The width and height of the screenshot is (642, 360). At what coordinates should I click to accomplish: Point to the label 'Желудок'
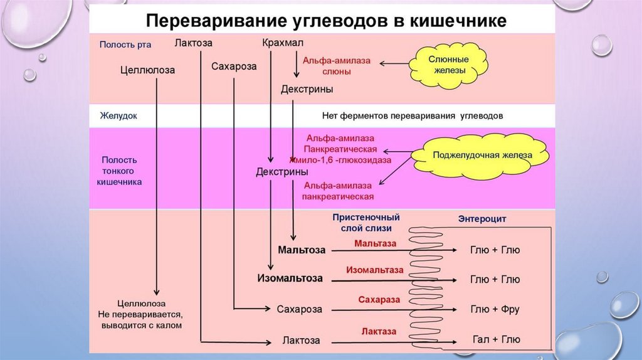(118, 116)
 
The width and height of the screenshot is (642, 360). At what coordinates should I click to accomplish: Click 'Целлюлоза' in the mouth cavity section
(147, 71)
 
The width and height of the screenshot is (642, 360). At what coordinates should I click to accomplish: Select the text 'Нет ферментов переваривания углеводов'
(412, 116)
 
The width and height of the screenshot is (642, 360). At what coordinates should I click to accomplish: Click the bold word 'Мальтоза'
(302, 250)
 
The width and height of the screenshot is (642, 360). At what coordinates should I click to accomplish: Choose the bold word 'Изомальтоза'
(290, 278)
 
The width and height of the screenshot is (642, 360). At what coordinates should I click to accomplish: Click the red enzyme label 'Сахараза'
(379, 300)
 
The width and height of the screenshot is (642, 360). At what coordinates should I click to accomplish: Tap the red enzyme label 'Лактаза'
(379, 331)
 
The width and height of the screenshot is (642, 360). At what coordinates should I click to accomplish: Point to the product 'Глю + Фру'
(495, 309)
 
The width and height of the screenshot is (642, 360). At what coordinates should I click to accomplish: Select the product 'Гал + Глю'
(495, 339)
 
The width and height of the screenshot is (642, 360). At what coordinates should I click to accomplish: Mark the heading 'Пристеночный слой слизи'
(366, 222)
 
